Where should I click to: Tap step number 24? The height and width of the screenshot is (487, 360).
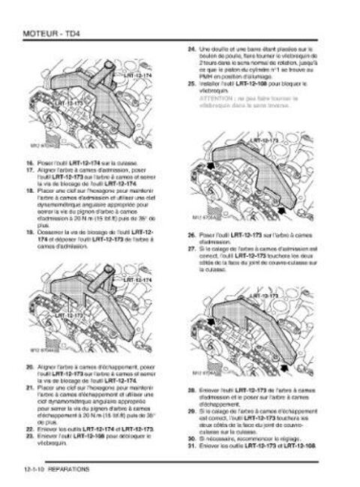tap(190, 48)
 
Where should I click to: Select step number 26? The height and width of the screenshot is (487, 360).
tap(190, 235)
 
